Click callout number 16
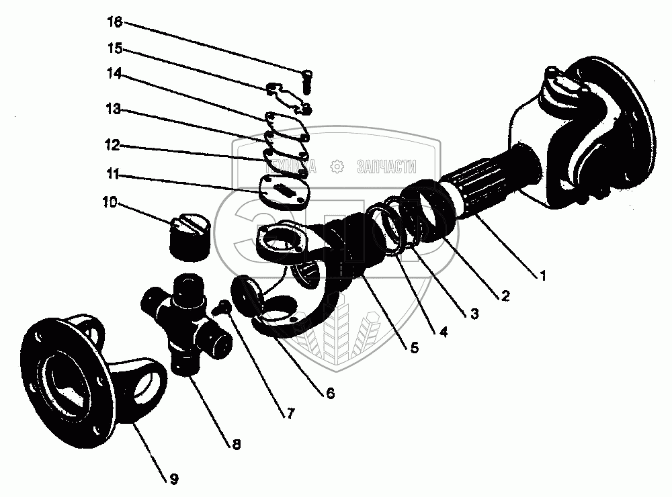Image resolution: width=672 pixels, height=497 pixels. [114, 23]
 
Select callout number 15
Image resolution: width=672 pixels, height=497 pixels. [114, 50]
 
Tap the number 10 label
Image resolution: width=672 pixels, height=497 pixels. [110, 201]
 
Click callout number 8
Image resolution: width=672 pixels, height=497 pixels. [236, 444]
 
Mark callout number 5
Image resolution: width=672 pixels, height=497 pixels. [415, 347]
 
